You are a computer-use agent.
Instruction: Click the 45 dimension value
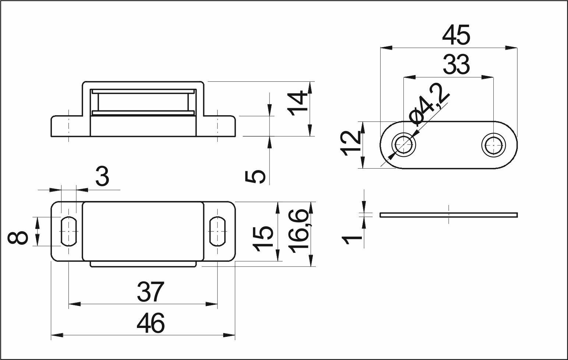(456, 35)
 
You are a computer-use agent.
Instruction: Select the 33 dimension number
(456, 65)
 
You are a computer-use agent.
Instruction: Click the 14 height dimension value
(297, 103)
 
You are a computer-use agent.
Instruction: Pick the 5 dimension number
(255, 177)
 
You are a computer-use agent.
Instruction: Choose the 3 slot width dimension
(102, 176)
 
